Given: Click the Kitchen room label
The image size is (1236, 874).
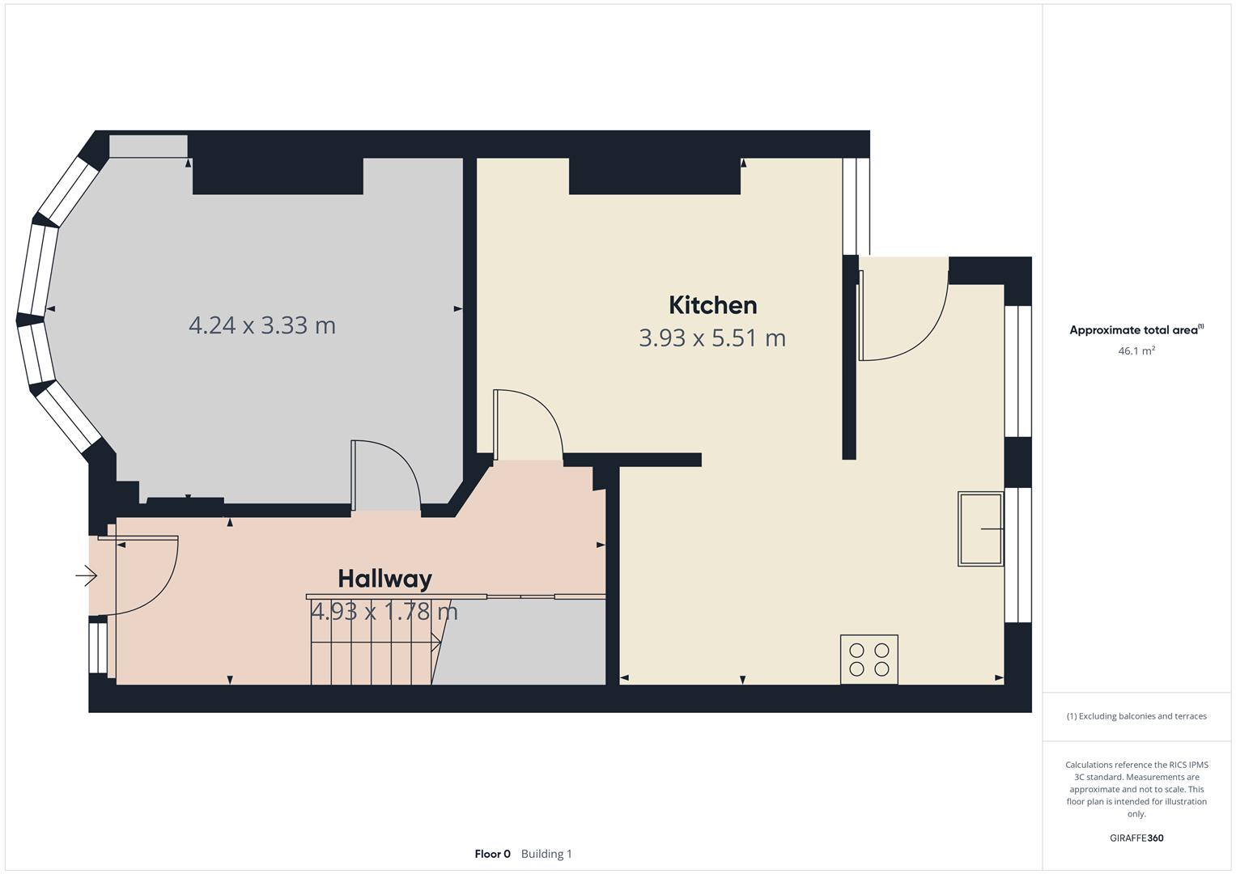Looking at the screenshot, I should click(x=712, y=305).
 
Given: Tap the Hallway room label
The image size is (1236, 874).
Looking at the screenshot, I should click(x=384, y=579).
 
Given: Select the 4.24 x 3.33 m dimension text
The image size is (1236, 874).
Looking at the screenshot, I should click(x=261, y=325).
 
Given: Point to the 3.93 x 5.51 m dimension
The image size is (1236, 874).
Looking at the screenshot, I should click(x=712, y=337).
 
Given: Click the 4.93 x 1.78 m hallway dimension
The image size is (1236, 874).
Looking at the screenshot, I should click(x=384, y=611).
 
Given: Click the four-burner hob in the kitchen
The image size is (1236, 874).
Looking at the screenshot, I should click(x=869, y=660).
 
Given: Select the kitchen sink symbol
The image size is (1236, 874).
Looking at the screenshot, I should click(x=980, y=528).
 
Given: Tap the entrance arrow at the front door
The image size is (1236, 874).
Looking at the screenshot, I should click(x=87, y=576).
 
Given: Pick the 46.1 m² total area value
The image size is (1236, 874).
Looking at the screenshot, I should click(x=1136, y=351).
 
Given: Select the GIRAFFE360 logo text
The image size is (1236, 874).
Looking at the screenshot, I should click(x=1136, y=838).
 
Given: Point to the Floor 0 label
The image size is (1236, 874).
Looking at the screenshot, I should click(x=492, y=854).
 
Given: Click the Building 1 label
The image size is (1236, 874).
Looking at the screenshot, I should click(x=546, y=854).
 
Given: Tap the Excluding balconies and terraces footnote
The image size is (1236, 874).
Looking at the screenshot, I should click(x=1136, y=716).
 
